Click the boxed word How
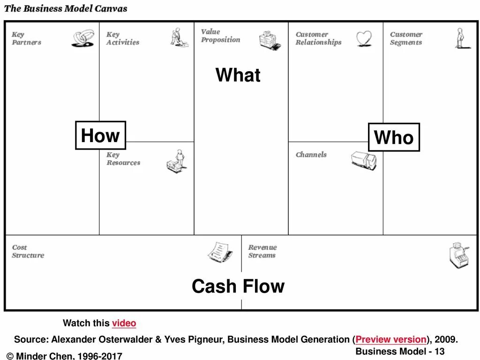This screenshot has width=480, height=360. coord(100,135)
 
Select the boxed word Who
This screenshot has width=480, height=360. coord(394,137)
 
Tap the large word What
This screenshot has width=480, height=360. coord(238,75)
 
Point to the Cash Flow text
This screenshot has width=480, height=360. coord(238,286)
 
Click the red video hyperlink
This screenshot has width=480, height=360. coord(124,323)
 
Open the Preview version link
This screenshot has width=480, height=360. coord(391,339)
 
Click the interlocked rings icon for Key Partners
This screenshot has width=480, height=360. coord(83,38)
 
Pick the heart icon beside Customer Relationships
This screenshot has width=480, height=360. coord(364,38)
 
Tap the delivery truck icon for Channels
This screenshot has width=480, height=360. coord(364,160)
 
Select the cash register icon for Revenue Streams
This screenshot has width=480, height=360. coord(457,255)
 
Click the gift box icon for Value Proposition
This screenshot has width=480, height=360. coord(270,40)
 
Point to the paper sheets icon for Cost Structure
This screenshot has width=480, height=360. coord(220,252)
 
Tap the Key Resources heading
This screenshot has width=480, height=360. coord(123,159)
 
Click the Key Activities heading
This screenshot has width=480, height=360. coord(122,38)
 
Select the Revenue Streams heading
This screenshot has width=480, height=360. coord(262,251)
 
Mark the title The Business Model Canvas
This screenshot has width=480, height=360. coord(66,8)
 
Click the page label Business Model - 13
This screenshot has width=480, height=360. coord(400,352)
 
